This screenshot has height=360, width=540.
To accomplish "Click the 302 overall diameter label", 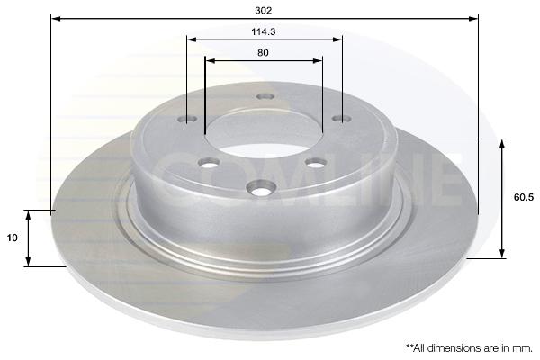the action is click(x=264, y=10).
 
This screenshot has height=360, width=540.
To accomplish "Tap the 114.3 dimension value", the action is click(x=264, y=31).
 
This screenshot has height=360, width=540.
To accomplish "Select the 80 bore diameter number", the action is click(x=263, y=53).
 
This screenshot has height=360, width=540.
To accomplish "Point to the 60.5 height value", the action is click(x=524, y=197).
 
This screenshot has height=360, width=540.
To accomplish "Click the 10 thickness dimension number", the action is click(x=12, y=238).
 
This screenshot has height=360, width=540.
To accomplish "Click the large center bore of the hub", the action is click(x=264, y=133).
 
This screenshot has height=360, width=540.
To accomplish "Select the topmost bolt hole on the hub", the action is click(x=265, y=96).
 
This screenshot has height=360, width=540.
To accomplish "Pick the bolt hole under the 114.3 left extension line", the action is click(x=187, y=119).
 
